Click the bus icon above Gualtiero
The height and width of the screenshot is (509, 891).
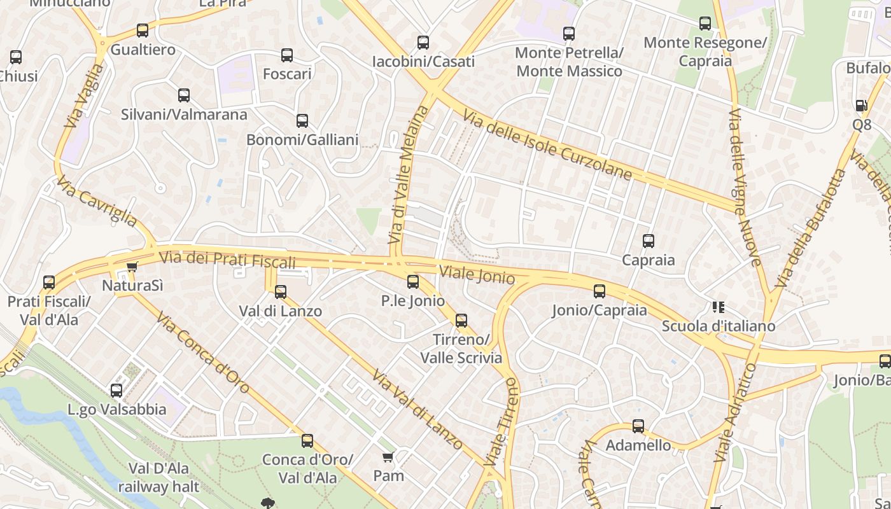click(x=143, y=31)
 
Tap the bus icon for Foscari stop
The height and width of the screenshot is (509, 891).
click(x=287, y=55)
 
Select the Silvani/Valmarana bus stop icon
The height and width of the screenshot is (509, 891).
click(x=184, y=95)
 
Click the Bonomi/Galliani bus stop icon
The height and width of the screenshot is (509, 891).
click(x=302, y=121)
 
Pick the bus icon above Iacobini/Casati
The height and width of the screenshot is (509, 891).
click(x=423, y=43)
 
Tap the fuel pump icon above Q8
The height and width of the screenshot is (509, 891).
click(x=862, y=106)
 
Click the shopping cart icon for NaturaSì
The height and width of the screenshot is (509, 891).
click(x=132, y=267)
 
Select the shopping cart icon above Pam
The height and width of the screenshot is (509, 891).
click(x=388, y=457)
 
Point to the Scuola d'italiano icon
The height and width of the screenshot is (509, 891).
click(x=719, y=307)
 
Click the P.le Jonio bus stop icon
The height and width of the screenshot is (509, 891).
click(x=413, y=281)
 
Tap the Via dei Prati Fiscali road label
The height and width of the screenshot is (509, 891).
click(x=228, y=260)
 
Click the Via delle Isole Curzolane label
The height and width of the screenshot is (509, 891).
click(x=547, y=146)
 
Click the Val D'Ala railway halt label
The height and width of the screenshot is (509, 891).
click(x=158, y=478)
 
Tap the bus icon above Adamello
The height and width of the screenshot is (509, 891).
click(x=638, y=426)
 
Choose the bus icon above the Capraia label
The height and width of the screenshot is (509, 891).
click(x=649, y=241)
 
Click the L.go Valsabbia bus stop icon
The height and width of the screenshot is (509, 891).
click(x=116, y=391)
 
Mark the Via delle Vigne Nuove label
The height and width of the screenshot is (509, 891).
click(x=745, y=187)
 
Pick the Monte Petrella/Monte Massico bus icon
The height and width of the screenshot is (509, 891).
click(x=569, y=33)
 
